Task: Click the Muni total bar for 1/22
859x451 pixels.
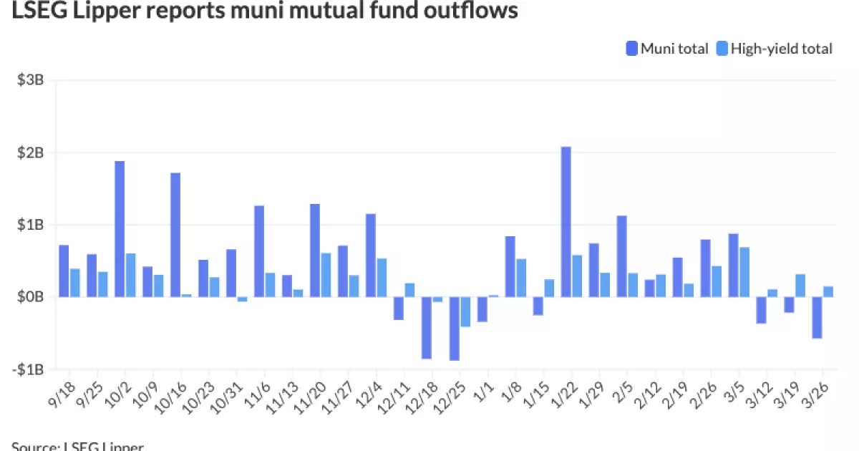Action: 566,221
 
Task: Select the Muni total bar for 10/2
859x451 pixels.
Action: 120,228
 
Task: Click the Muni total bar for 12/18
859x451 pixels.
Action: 426,327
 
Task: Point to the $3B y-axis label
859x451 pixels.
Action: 31,80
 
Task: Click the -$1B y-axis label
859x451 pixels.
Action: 29,369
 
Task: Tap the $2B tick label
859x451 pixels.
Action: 31,152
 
